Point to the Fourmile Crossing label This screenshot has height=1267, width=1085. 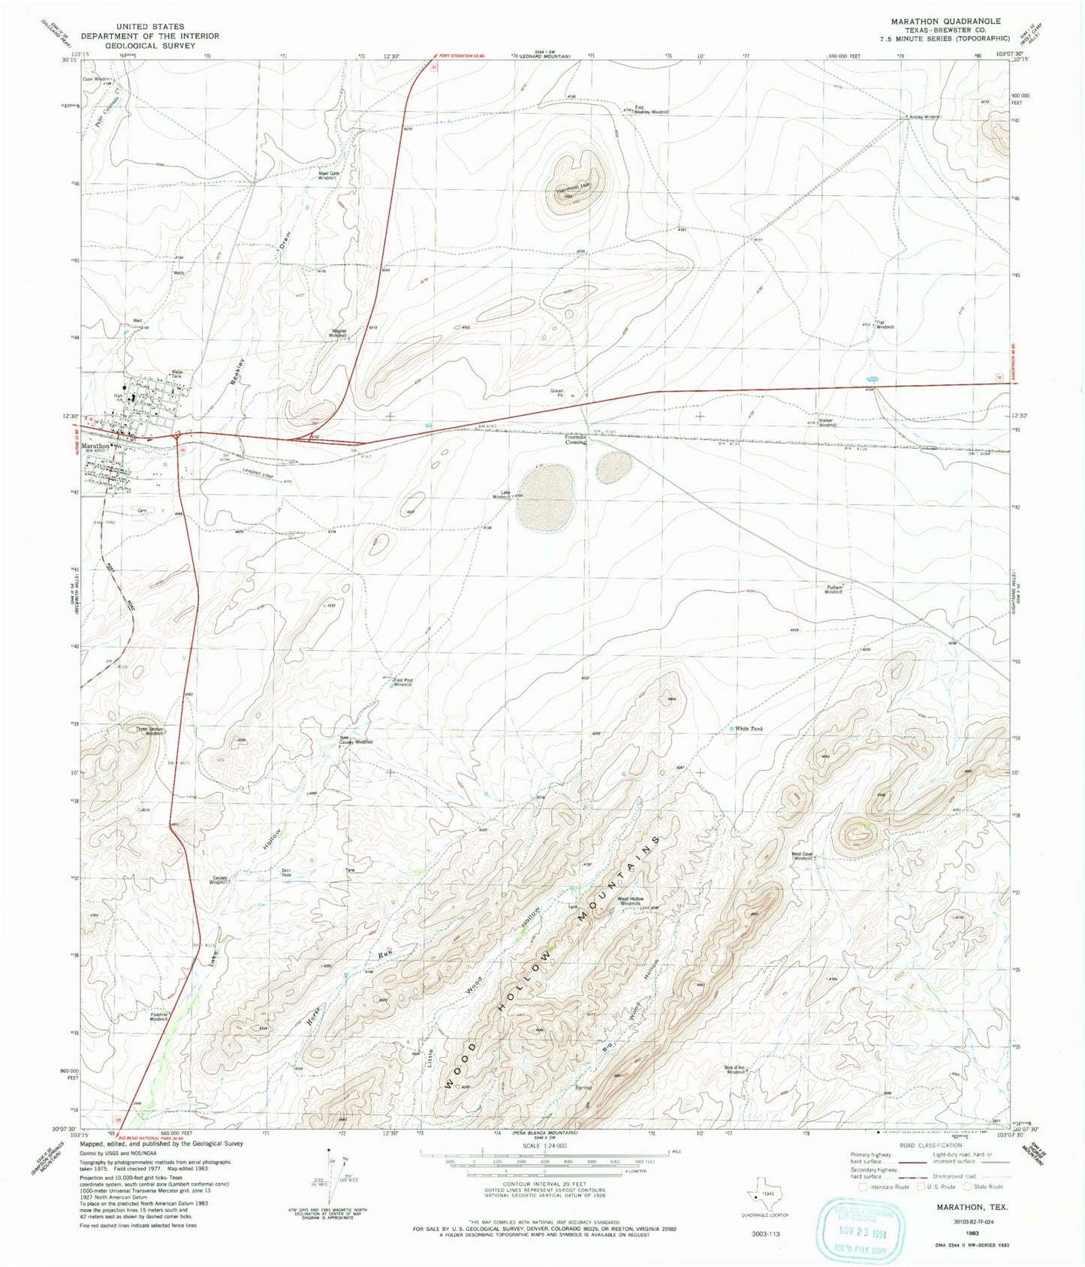pos(576,440)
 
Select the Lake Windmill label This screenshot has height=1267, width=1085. pos(502,495)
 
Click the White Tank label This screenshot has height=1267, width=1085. pos(750,729)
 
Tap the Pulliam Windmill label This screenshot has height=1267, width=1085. pos(834,590)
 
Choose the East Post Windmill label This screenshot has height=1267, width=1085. pos(403,682)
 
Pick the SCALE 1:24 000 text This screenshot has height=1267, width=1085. pos(545,1145)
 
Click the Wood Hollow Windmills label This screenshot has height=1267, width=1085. pos(631,901)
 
